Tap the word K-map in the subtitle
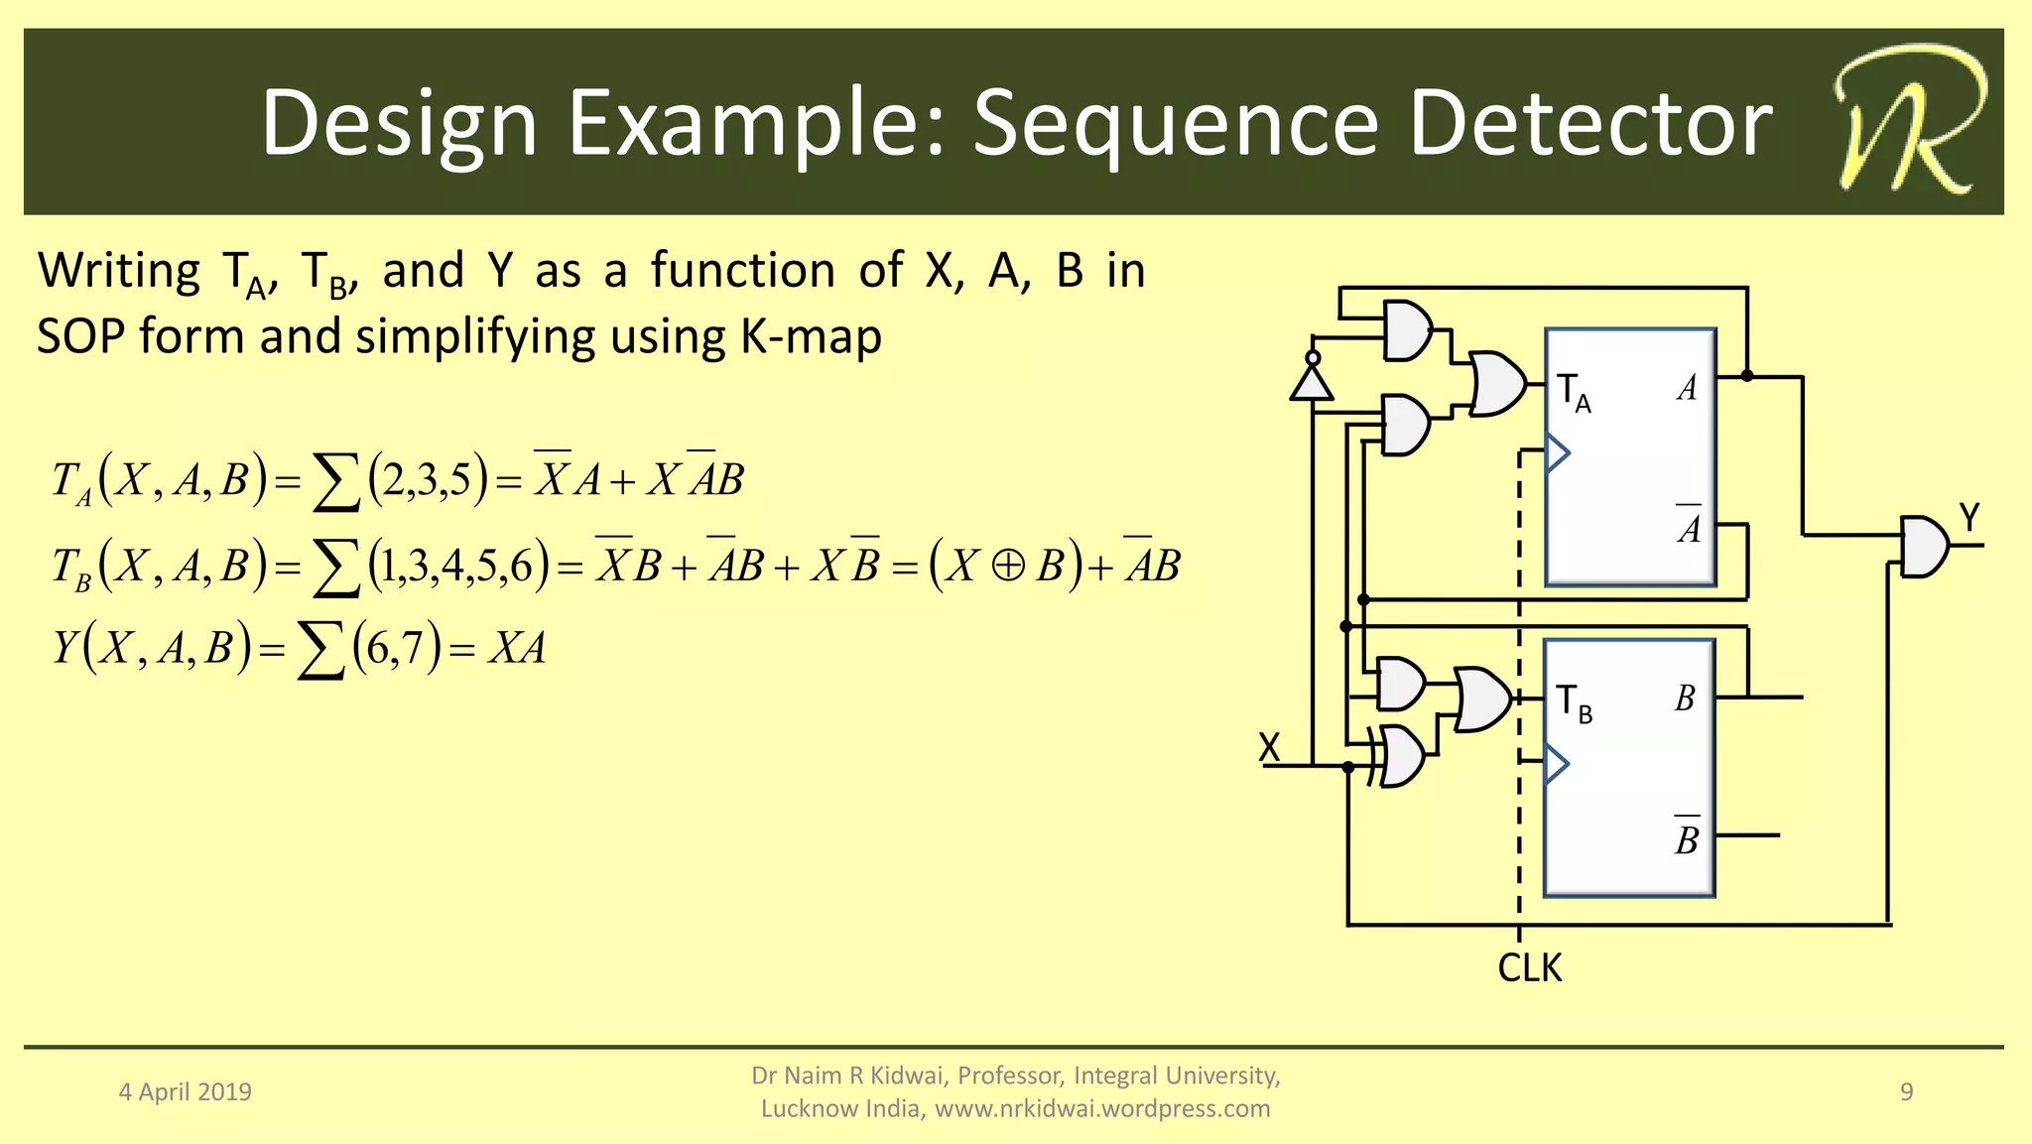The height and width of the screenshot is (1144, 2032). pos(811,336)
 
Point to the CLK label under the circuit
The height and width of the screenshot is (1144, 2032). pos(1529,967)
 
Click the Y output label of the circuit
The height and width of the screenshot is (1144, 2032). pos(1968,518)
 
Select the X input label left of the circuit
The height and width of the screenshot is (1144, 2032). pos(1269,747)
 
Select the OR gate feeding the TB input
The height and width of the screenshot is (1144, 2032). pos(1483,699)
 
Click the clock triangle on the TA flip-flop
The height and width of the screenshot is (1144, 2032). pos(1558,453)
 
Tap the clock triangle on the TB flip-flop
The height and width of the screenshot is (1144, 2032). pos(1558,763)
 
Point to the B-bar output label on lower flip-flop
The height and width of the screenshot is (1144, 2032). pos(1687,837)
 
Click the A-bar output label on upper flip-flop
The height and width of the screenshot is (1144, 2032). pos(1689,526)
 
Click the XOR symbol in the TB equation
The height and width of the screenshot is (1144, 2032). pos(1008,566)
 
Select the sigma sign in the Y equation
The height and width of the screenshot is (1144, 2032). pos(320,651)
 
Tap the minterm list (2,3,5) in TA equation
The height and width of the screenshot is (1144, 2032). pos(428,480)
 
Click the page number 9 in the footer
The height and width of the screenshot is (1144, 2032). pos(1906,1091)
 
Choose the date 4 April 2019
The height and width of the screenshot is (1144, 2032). pos(186,1092)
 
